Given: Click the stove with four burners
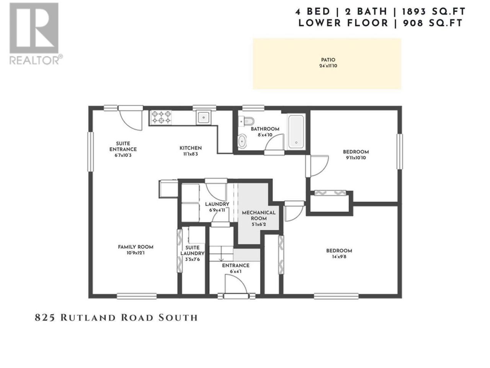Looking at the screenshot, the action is [x=161, y=117].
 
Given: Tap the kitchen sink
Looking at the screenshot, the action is [x=203, y=117].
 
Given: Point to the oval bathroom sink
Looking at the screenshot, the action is [x=242, y=141].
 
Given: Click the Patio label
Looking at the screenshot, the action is [x=328, y=60].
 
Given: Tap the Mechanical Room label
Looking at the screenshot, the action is [x=258, y=215].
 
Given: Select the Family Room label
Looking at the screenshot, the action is [x=136, y=247].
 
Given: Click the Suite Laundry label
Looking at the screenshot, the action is [x=192, y=250].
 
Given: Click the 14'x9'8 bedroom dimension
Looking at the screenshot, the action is [x=339, y=257].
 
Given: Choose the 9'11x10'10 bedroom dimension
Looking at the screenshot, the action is [x=356, y=158].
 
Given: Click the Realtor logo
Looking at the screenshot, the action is [x=36, y=34].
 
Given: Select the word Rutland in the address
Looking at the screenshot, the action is [x=89, y=318].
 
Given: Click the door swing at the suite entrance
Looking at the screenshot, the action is [x=132, y=121].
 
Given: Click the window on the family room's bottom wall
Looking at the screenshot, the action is [x=136, y=296].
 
